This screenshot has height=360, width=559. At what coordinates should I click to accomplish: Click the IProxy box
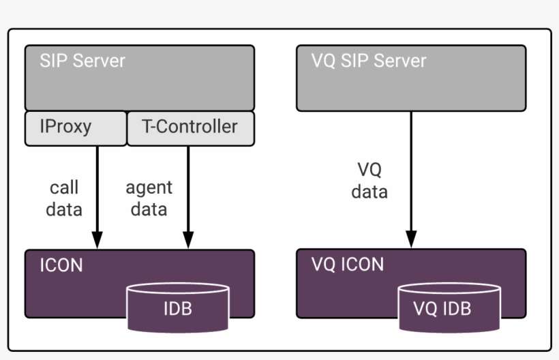[x=75, y=128]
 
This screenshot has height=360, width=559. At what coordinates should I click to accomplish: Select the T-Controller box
[x=190, y=128]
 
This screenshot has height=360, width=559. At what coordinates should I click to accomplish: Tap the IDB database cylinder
[x=177, y=309]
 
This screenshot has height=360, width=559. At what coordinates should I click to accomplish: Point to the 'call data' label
[x=64, y=198]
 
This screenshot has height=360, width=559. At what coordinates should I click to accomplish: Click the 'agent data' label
[x=149, y=198]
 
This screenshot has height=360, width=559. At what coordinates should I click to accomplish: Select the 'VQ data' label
[x=369, y=181]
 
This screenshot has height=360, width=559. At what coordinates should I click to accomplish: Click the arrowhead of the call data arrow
[x=97, y=240]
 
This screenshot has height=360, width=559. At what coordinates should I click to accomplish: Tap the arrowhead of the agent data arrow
[x=187, y=240]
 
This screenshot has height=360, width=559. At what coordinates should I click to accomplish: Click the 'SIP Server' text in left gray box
[x=82, y=61]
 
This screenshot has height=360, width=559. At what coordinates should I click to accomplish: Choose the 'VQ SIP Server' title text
[x=369, y=61]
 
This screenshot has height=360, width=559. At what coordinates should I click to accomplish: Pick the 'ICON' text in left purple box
[x=61, y=265]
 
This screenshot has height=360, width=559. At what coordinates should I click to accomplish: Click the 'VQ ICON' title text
[x=348, y=265]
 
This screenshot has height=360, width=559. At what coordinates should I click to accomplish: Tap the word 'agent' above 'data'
[x=149, y=187]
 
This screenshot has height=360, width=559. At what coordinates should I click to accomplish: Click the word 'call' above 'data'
[x=64, y=187]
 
